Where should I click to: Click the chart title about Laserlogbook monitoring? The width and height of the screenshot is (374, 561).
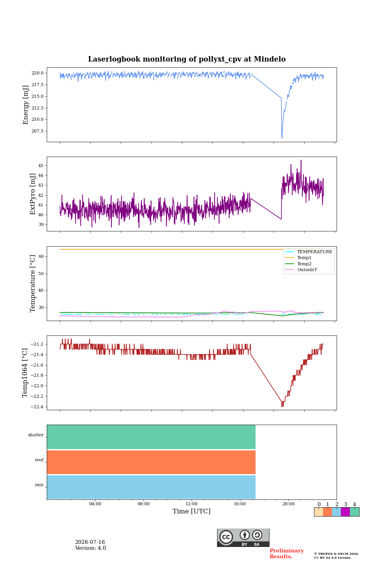click(x=187, y=59)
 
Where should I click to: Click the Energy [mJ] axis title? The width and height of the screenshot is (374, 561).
click(x=26, y=105)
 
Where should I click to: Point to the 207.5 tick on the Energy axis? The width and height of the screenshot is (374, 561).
click(x=37, y=131)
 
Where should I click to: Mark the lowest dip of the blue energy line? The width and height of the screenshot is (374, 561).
click(x=282, y=138)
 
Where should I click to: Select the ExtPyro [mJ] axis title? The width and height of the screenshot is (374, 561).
click(x=33, y=194)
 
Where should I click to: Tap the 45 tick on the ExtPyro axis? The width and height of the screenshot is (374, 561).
click(x=41, y=166)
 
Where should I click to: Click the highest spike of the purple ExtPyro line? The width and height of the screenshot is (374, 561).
click(x=301, y=160)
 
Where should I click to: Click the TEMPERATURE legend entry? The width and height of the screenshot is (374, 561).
click(x=309, y=252)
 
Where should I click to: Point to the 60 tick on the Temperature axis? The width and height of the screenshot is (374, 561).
click(x=41, y=256)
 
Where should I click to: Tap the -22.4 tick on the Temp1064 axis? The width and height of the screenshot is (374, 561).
click(x=37, y=407)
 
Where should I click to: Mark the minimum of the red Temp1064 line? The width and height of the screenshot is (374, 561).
click(x=282, y=406)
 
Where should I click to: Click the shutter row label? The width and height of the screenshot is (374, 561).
click(x=36, y=435)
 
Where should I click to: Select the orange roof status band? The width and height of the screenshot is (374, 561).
click(x=151, y=462)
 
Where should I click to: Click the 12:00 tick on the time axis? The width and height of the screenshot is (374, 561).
click(x=191, y=504)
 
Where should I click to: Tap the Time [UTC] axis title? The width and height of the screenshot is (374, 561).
click(x=191, y=511)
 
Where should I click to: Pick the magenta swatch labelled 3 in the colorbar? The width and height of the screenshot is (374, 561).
click(x=345, y=512)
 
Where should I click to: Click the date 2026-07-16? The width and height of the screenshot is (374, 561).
click(x=90, y=542)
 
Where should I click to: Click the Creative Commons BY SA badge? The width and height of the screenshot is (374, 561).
click(x=243, y=538)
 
